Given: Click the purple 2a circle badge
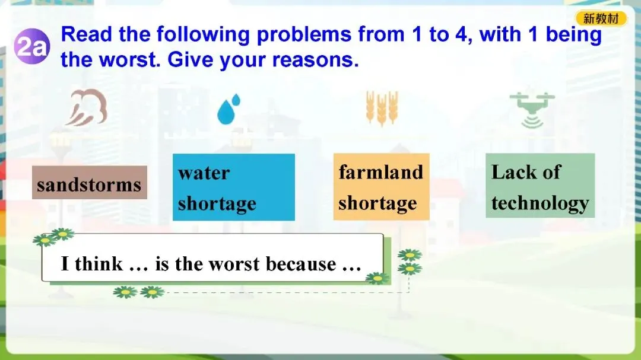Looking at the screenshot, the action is coord(32,47).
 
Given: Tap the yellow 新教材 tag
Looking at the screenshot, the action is coord(601,18).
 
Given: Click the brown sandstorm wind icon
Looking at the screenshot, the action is coord(87,107).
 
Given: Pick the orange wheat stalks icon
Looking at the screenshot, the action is coord(382,109).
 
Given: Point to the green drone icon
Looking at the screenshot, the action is coord(532,110).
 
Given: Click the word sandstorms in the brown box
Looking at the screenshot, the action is coord(89,184).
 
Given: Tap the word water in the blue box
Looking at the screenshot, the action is coord(204,173).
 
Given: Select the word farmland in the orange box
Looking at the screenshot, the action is coord(380,171).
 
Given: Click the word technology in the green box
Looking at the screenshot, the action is coord(540,203).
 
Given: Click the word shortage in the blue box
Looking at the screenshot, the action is coord(217,203).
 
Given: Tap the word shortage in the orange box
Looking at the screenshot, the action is coord(377,203).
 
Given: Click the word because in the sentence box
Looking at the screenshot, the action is coord(301,264).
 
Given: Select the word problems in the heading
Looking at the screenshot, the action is coord(304,35).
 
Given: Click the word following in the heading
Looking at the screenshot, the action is coord(203,35).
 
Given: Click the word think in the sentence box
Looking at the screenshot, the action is coord(99,263).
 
